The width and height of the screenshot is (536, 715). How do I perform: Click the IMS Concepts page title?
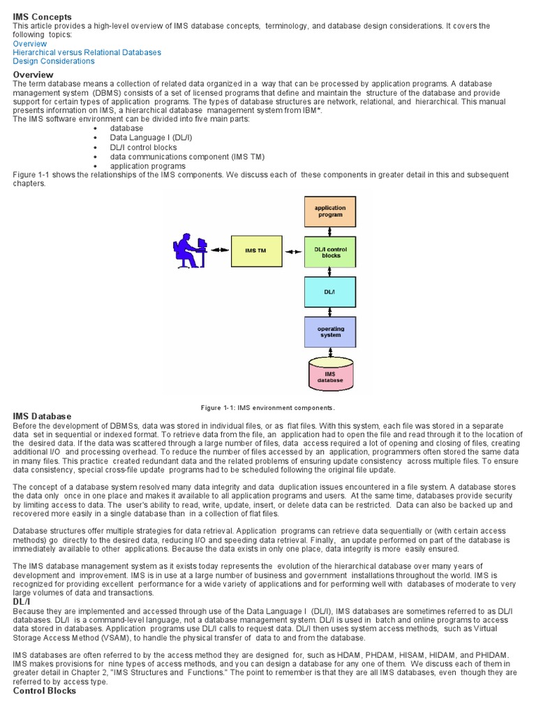click(43, 17)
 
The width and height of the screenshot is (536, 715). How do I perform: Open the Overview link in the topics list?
click(30, 43)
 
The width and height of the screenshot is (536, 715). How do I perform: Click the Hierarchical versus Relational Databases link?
click(87, 52)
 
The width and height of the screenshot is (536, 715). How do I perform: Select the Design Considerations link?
click(54, 61)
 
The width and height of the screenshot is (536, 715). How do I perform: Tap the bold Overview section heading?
click(33, 75)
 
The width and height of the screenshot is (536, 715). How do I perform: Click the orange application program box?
click(330, 211)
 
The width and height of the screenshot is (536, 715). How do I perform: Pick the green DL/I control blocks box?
click(330, 252)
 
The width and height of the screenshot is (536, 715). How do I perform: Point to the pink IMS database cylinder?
click(330, 376)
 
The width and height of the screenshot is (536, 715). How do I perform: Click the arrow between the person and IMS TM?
click(221, 250)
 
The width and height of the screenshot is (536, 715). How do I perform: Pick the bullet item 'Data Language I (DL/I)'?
click(151, 138)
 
